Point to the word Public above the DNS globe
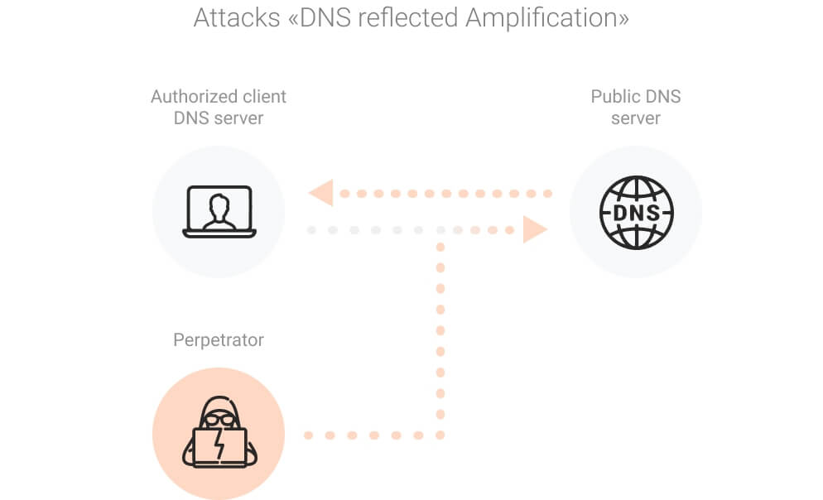(x=612, y=97)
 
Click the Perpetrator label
(x=219, y=339)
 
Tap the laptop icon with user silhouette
(x=219, y=212)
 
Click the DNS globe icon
(x=636, y=212)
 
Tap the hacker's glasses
(x=219, y=420)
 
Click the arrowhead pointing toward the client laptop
(x=320, y=193)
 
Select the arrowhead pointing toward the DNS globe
(x=535, y=229)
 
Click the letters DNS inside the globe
(x=636, y=213)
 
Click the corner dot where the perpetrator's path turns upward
(x=440, y=435)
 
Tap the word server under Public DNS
(x=636, y=118)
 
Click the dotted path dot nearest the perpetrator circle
(x=308, y=435)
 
